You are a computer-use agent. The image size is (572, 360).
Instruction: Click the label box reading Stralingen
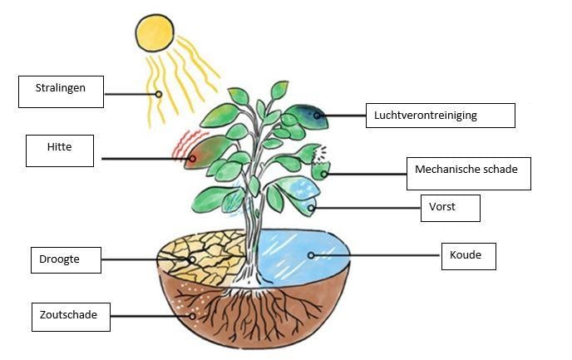tap(61, 91)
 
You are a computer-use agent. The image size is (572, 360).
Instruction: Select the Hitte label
tap(60, 150)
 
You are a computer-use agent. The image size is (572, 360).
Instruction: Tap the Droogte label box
tap(66, 260)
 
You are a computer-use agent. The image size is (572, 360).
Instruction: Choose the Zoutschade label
tap(71, 317)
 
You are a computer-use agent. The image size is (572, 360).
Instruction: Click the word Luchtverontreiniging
tap(426, 116)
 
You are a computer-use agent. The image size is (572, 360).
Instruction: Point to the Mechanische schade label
tap(469, 174)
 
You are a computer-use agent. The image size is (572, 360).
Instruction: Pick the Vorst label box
tap(451, 208)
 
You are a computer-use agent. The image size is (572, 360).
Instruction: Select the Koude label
tap(469, 256)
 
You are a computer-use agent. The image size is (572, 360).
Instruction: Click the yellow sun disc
tap(155, 32)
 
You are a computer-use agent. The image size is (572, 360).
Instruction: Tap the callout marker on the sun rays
tap(158, 94)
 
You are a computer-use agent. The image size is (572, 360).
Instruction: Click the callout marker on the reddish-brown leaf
tap(192, 159)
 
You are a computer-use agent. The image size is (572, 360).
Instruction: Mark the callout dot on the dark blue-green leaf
tap(317, 116)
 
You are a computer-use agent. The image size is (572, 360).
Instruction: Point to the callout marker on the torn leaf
tap(324, 175)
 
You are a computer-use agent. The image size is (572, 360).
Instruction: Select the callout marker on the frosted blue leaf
tap(311, 208)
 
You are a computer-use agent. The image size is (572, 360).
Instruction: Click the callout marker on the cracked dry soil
tap(192, 259)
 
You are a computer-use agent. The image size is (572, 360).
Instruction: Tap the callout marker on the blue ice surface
tap(311, 255)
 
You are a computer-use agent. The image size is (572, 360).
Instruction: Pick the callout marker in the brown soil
tap(192, 316)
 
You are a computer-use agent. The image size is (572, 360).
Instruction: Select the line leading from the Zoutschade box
tap(150, 316)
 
